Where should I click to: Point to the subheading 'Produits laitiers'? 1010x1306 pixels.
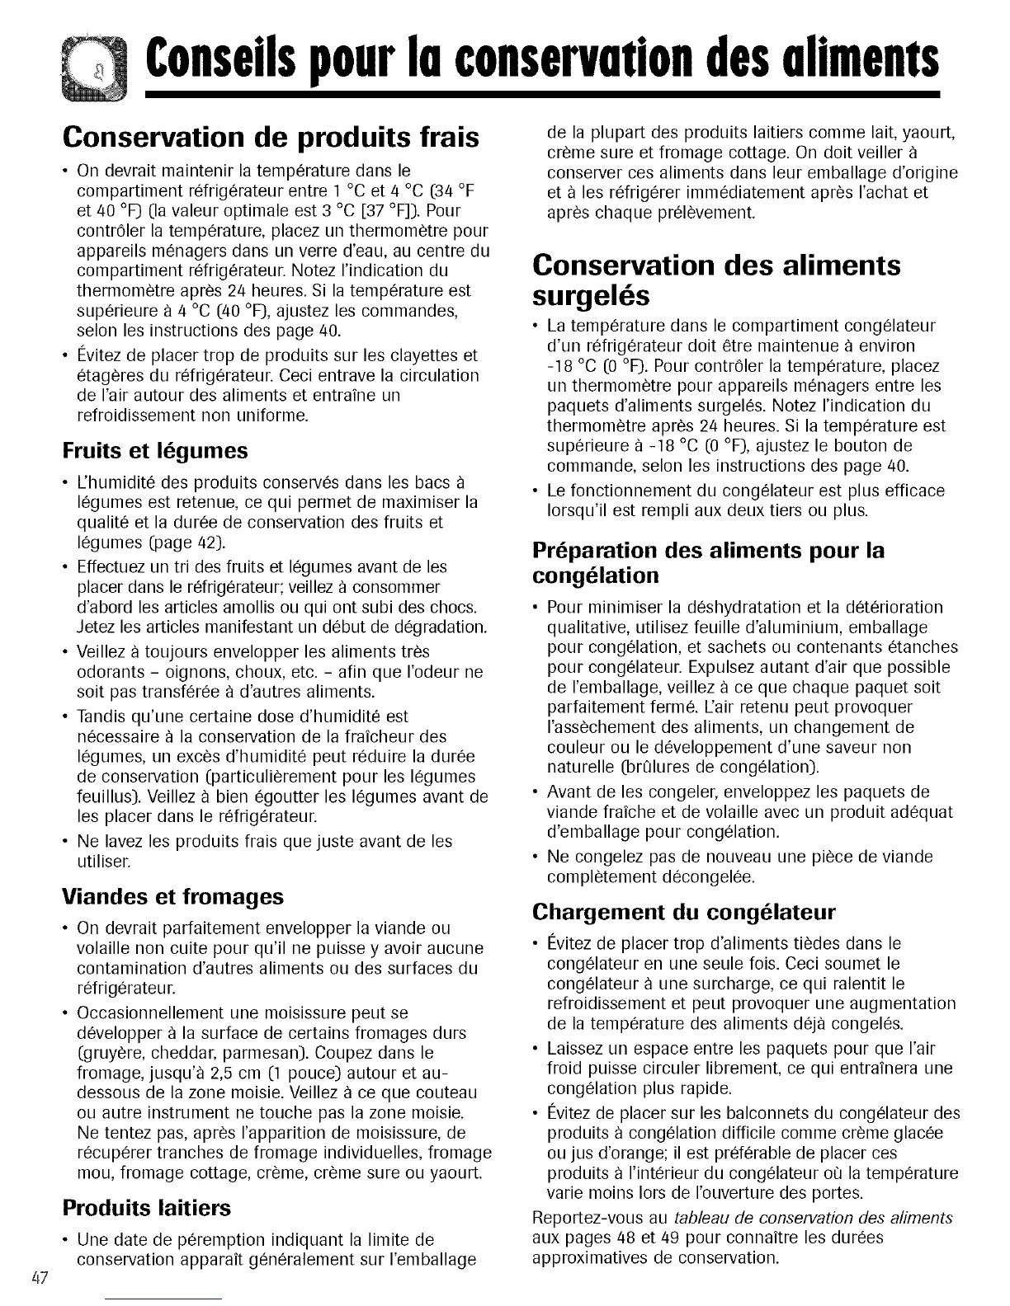pyautogui.click(x=147, y=1208)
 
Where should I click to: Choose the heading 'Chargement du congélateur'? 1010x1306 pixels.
pyautogui.click(x=684, y=912)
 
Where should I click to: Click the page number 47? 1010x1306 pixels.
pyautogui.click(x=39, y=1279)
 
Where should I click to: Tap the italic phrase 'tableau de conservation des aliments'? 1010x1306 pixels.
pyautogui.click(x=813, y=1218)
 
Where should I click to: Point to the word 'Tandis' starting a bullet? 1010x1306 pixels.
pyautogui.click(x=99, y=716)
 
